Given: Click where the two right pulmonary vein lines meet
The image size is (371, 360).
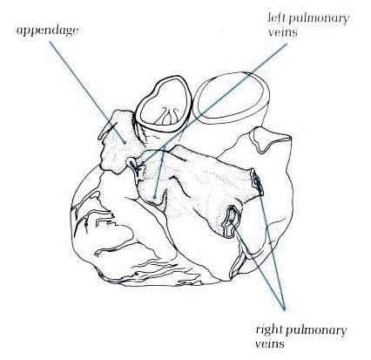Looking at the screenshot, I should (x=285, y=306).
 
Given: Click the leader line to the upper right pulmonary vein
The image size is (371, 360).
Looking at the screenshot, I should (x=271, y=243).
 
